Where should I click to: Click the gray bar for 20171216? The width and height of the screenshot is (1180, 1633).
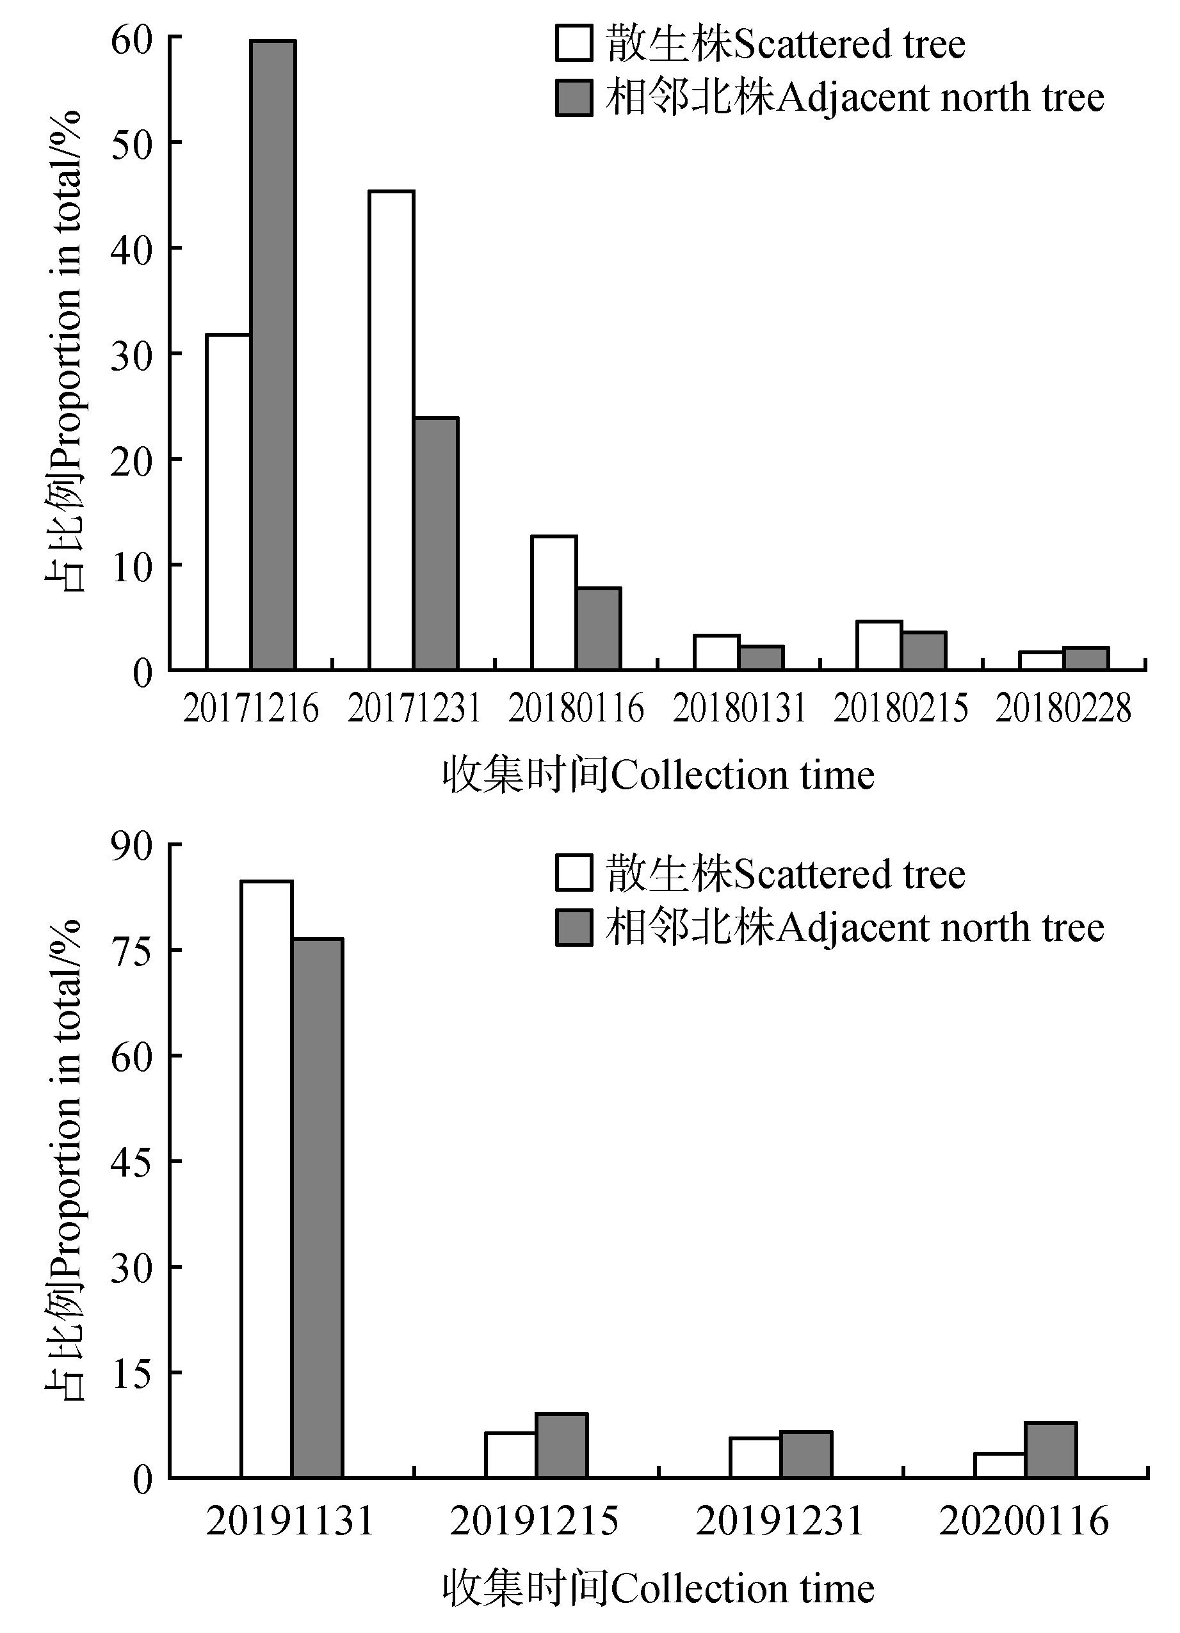click(x=273, y=356)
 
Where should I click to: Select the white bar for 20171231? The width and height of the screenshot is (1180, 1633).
click(x=391, y=431)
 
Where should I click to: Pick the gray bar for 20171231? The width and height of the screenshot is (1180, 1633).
click(x=435, y=543)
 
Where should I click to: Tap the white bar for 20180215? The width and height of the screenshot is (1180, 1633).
click(x=878, y=645)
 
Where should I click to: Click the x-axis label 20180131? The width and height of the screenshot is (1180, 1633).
click(x=739, y=709)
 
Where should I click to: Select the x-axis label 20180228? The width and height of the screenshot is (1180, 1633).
click(x=1063, y=709)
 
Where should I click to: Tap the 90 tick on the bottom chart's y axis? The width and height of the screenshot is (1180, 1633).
click(x=132, y=844)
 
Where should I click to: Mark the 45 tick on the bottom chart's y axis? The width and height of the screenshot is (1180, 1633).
click(x=132, y=1161)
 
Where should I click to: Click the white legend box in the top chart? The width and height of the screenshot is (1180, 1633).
click(x=574, y=44)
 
